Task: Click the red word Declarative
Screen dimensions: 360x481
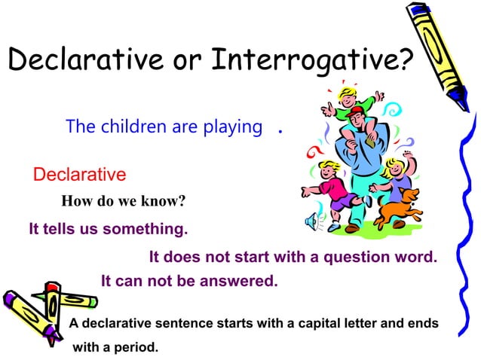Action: pos(79,175)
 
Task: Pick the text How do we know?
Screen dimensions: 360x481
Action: pos(123,201)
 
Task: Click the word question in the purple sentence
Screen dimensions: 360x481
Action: pos(348,257)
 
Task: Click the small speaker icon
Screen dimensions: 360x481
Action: pos(311,221)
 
